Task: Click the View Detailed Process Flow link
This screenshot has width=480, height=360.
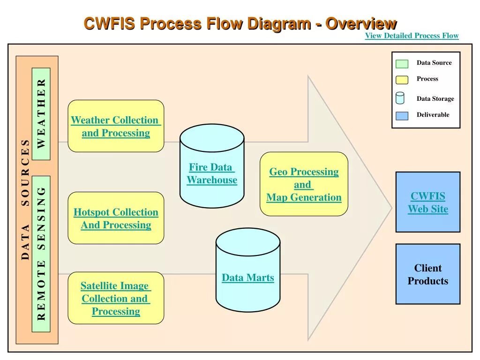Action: pyautogui.click(x=412, y=36)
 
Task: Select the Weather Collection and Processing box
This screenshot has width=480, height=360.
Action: pyautogui.click(x=116, y=126)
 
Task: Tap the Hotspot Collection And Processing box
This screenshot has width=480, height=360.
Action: pyautogui.click(x=116, y=218)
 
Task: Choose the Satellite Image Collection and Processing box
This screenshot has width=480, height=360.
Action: pyautogui.click(x=116, y=298)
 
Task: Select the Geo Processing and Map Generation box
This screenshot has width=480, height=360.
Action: pyautogui.click(x=304, y=184)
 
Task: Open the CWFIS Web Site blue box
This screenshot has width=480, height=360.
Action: pyautogui.click(x=427, y=202)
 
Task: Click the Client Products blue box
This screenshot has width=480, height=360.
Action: pyautogui.click(x=427, y=274)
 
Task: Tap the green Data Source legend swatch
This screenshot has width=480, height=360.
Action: pyautogui.click(x=402, y=64)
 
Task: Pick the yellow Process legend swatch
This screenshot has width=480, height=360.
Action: pyautogui.click(x=402, y=80)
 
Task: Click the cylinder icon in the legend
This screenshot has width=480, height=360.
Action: pyautogui.click(x=400, y=98)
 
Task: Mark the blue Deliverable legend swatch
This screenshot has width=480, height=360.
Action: pyautogui.click(x=402, y=115)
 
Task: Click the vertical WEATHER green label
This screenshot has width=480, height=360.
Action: pyautogui.click(x=41, y=114)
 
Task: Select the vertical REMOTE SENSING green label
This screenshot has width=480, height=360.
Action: pyautogui.click(x=41, y=254)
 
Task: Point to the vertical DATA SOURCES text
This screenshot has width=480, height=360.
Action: pyautogui.click(x=25, y=199)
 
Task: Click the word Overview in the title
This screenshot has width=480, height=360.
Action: pyautogui.click(x=361, y=23)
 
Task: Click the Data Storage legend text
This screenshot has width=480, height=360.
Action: pyautogui.click(x=435, y=99)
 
